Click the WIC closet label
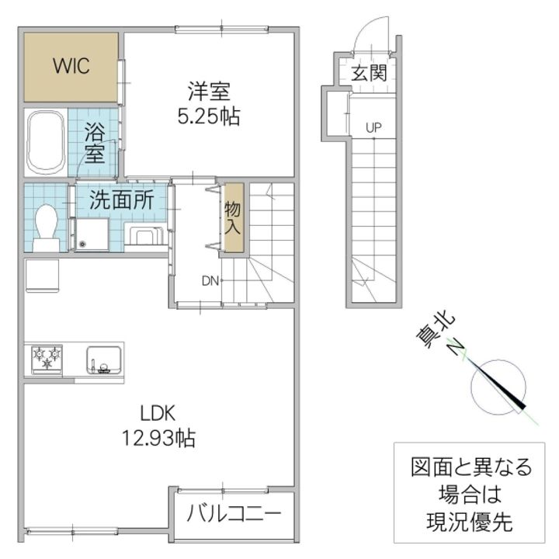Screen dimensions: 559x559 [x=71, y=66]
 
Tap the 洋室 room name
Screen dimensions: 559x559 [x=209, y=92]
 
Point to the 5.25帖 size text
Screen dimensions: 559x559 [x=209, y=116]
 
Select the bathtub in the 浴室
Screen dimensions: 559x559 [x=46, y=142]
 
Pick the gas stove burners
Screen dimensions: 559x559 [x=47, y=359]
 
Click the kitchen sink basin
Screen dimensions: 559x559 [x=104, y=359]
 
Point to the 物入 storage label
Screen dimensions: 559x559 [x=232, y=218]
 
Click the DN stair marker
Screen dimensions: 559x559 [x=210, y=281]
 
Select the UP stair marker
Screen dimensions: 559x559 [x=373, y=127]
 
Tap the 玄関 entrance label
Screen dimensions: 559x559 [x=369, y=74]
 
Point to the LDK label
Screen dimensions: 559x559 [x=158, y=414]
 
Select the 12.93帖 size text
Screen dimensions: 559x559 [x=158, y=438]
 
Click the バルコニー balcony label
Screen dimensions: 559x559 [x=234, y=514]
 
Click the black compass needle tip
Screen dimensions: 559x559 [x=524, y=407]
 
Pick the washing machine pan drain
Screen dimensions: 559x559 [x=83, y=245]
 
